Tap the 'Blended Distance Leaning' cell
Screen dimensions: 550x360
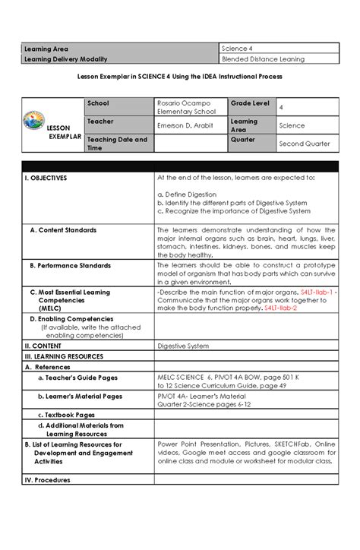pos(262,58)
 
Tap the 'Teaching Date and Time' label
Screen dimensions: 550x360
pos(114,144)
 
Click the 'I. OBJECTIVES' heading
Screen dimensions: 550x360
pos(46,177)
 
